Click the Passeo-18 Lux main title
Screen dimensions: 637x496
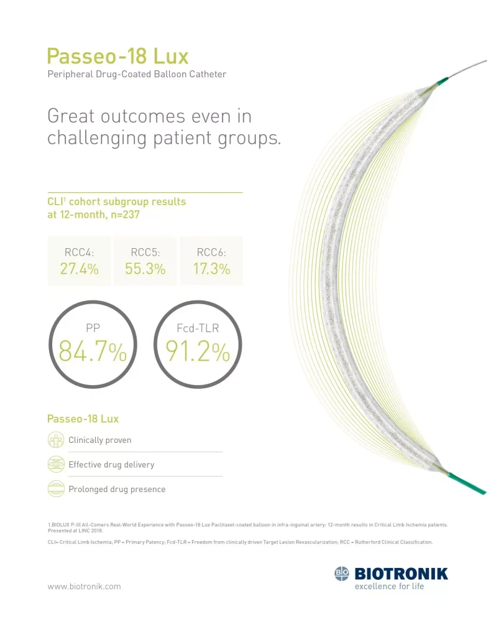click(117, 57)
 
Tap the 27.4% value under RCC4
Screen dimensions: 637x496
click(79, 269)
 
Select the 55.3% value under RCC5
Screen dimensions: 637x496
click(147, 269)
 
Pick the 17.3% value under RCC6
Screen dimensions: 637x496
click(211, 269)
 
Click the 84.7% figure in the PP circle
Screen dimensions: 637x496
click(93, 353)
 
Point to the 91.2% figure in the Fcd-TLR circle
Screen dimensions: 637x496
click(198, 353)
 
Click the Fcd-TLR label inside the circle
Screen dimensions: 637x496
click(198, 327)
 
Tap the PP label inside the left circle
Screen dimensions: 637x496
click(93, 327)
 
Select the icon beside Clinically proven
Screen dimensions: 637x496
click(56, 440)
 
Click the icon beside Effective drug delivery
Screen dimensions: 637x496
click(56, 464)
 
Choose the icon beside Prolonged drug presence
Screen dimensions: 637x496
click(56, 489)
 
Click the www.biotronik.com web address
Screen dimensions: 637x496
click(84, 586)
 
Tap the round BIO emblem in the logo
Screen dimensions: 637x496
click(342, 574)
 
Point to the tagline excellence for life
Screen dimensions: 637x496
click(389, 587)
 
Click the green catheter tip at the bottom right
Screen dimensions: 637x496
click(467, 483)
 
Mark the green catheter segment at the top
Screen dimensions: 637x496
click(441, 81)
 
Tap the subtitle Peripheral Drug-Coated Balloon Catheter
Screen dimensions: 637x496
click(137, 75)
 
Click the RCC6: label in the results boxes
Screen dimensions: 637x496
click(211, 253)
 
